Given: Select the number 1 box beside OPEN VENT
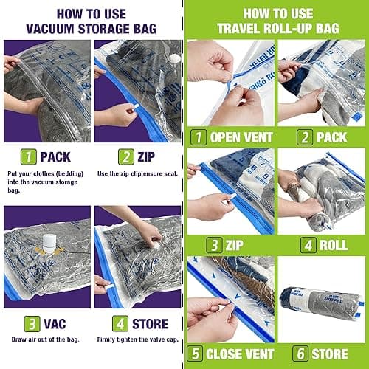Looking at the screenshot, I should point(198,137).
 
